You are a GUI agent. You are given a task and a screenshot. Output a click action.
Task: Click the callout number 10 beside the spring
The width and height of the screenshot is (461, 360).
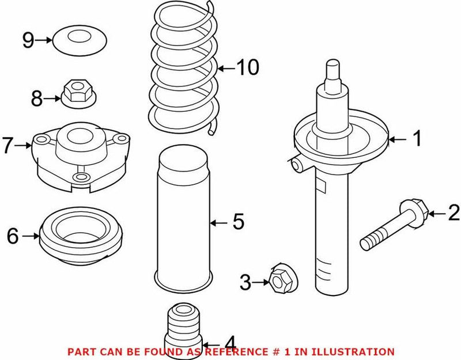pos(247,68)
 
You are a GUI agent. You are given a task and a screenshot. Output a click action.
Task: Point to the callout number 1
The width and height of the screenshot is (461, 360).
pos(417,138)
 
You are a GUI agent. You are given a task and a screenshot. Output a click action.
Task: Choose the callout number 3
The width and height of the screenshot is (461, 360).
pos(245,282)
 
